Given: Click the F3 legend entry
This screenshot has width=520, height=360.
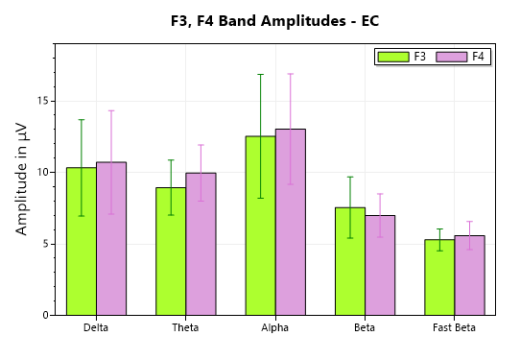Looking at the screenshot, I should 403,57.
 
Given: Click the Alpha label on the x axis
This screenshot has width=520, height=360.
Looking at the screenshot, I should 275,327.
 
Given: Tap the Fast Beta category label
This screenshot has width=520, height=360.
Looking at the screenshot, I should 454,327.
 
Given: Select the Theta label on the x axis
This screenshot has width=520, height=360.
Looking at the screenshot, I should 186,327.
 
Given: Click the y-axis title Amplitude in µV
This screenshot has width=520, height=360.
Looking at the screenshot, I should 22,180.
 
